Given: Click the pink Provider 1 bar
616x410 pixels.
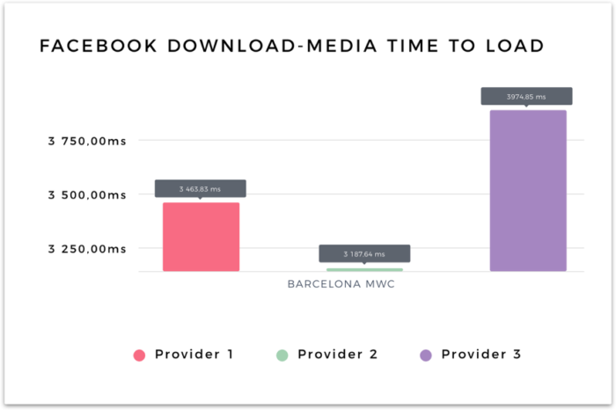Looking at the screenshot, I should [x=201, y=237].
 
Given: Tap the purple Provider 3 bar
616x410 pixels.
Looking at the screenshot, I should [x=528, y=190].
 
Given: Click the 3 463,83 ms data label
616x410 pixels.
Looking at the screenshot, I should [x=201, y=188].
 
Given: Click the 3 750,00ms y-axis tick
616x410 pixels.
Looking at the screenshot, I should [x=86, y=140].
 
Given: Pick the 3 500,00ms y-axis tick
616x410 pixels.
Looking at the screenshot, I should [x=86, y=194].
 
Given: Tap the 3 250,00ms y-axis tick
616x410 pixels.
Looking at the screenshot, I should [x=86, y=248].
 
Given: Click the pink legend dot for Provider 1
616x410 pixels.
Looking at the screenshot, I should [x=138, y=355].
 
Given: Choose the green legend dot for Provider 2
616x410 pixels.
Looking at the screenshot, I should [x=282, y=355].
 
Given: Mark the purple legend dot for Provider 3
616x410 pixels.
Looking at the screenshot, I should [x=426, y=355].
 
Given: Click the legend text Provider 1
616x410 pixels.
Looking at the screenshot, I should [x=194, y=355].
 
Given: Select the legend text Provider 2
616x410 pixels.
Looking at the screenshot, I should [x=338, y=355].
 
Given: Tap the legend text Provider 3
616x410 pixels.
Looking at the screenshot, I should [x=481, y=355].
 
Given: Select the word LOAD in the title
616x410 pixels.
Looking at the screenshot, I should [x=511, y=46].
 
